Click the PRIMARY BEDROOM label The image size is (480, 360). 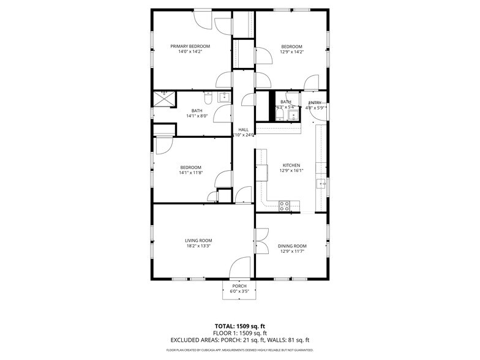tap(190, 47)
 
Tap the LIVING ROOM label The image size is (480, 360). tap(198, 241)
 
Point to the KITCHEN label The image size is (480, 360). tap(291, 165)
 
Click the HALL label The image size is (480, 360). tap(243, 130)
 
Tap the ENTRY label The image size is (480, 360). tap(315, 103)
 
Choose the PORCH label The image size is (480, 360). tap(239, 286)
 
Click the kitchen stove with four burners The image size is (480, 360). tap(285, 206)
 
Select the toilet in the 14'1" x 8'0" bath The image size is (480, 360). tap(208, 98)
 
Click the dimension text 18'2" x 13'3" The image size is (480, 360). tap(198, 246)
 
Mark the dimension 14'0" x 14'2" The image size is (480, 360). tap(190, 52)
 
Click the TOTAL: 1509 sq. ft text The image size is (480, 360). tap(239, 326)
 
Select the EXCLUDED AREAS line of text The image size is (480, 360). tap(239, 340)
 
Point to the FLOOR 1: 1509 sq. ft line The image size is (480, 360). tap(239, 333)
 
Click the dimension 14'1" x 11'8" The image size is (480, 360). tap(190, 173)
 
